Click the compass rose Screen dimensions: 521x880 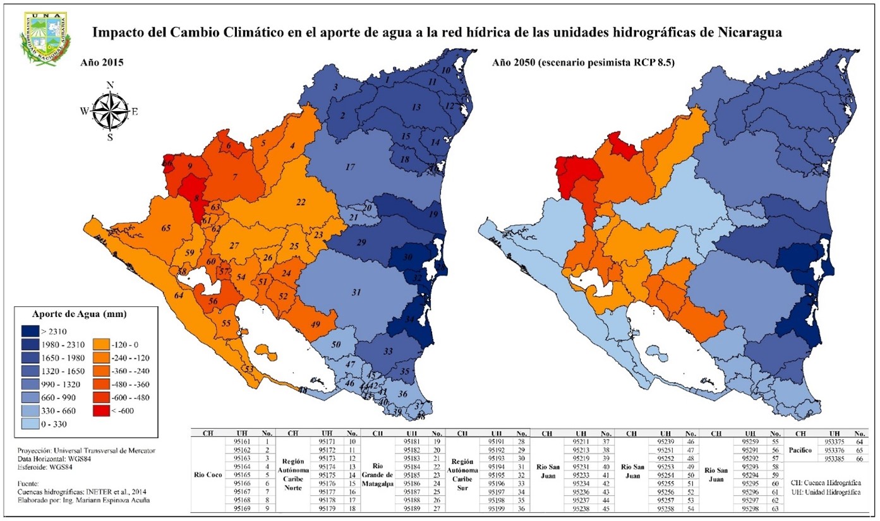pyautogui.click(x=110, y=111)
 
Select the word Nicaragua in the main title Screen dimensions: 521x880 pyautogui.click(x=745, y=32)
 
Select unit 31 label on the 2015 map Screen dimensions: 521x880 pyautogui.click(x=356, y=292)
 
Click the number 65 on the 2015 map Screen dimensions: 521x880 pyautogui.click(x=167, y=228)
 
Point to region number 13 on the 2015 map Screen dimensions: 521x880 pyautogui.click(x=416, y=108)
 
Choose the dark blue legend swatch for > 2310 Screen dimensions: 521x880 pyautogui.click(x=29, y=331)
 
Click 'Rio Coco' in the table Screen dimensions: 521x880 pyautogui.click(x=207, y=474)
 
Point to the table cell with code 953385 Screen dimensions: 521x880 pyautogui.click(x=834, y=459)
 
